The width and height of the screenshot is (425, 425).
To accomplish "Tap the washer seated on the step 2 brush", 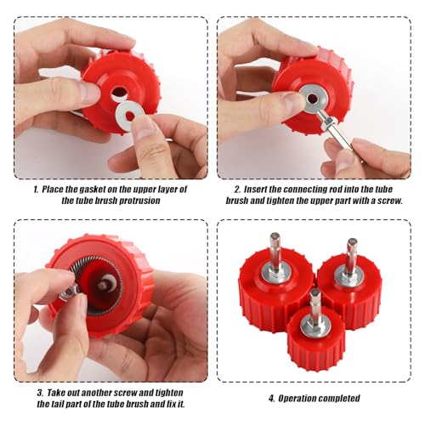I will (x=312, y=98).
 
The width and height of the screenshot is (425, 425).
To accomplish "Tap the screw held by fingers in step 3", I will (x=70, y=292).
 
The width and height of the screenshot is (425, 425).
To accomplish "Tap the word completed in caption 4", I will (x=336, y=398).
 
